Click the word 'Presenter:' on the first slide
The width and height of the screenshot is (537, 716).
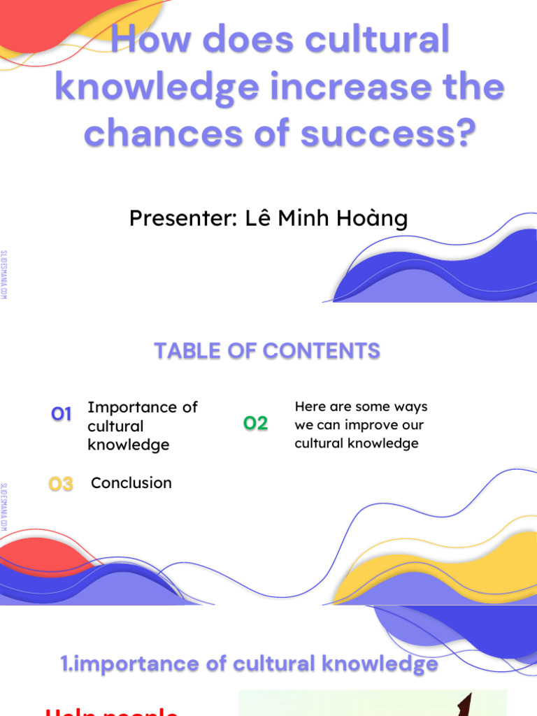tap(182, 219)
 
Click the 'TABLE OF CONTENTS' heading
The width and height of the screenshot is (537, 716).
tap(267, 351)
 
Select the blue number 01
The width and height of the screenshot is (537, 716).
tap(62, 415)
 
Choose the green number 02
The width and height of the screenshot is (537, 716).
tap(255, 423)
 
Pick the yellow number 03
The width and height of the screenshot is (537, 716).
tap(61, 484)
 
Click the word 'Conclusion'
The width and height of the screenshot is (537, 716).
tap(131, 483)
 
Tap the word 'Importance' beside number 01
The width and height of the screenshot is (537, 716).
tap(143, 407)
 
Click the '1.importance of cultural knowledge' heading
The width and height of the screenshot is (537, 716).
tap(250, 664)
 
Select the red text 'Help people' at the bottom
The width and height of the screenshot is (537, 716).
tap(112, 710)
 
